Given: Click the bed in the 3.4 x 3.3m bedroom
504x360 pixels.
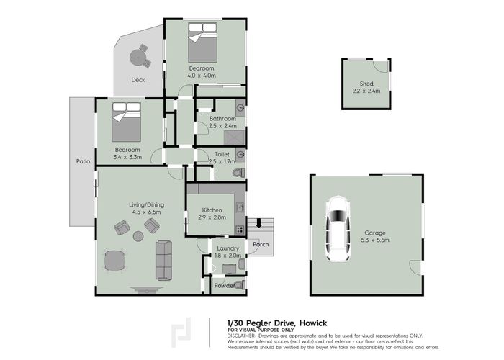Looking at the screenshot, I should coord(125,122).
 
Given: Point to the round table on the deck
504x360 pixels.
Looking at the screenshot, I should coord(138,55).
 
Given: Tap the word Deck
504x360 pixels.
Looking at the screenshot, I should coord(138,80).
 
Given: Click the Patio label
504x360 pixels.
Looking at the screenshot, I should coord(84,161).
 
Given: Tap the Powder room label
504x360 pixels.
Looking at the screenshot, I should coord(224,286).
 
